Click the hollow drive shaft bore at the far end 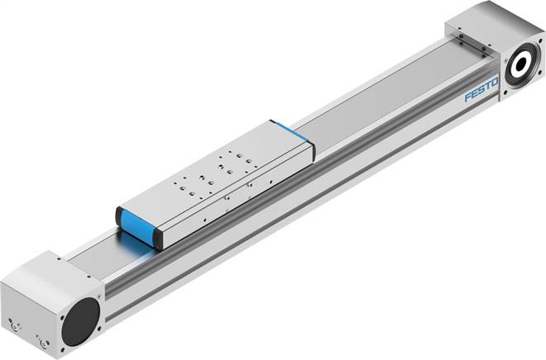[x=524, y=65]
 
